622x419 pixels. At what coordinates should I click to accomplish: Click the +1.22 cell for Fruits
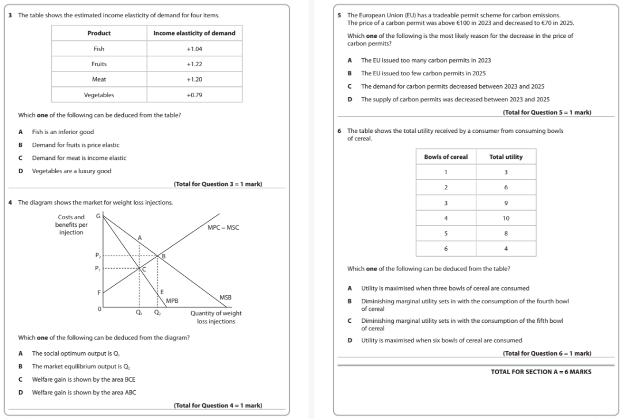[x=194, y=64]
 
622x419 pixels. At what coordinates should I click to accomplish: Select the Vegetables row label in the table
[x=99, y=95]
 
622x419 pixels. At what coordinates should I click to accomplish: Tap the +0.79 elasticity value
[x=194, y=95]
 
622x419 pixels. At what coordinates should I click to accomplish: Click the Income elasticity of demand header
[x=194, y=33]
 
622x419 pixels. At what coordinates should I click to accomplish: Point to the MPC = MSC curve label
[x=223, y=228]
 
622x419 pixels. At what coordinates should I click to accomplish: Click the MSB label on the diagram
[x=225, y=297]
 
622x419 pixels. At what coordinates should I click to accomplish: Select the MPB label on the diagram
[x=172, y=300]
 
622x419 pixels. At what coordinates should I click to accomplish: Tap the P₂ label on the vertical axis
[x=98, y=255]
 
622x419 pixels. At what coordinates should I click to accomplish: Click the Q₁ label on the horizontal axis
[x=139, y=313]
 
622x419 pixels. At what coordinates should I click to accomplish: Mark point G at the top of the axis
[x=98, y=215]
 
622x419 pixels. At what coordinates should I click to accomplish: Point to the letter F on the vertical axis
[x=98, y=292]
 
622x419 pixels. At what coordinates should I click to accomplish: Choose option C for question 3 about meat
[x=21, y=158]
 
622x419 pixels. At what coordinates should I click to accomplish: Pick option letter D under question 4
[x=21, y=393]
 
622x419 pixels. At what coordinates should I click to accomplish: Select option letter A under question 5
[x=350, y=60]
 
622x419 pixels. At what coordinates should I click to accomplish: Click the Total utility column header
[x=506, y=157]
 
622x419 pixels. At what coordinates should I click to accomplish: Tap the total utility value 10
[x=506, y=219]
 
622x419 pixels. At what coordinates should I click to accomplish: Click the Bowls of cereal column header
[x=446, y=157]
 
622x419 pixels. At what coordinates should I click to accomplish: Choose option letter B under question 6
[x=350, y=301]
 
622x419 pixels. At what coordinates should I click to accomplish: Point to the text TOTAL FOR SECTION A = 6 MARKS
[x=540, y=372]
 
